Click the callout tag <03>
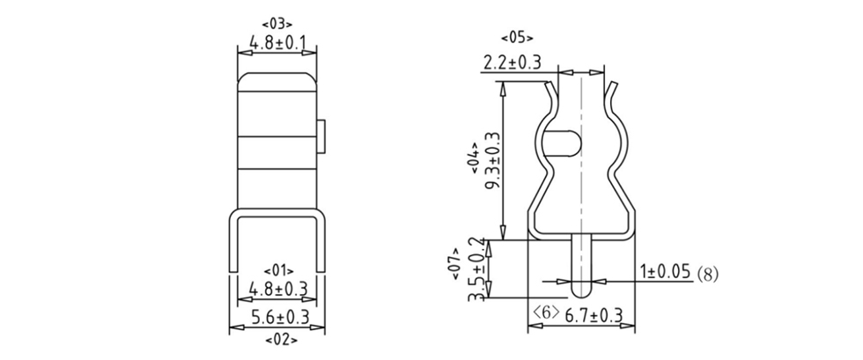point(277,24)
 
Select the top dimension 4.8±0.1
point(277,42)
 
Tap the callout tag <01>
point(277,269)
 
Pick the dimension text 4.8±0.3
point(277,288)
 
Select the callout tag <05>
point(517,38)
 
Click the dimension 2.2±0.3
point(512,62)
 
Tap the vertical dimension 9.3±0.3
point(492,159)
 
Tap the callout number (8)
point(707,274)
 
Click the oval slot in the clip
point(564,142)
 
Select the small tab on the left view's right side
point(322,134)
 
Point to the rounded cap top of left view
point(277,81)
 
